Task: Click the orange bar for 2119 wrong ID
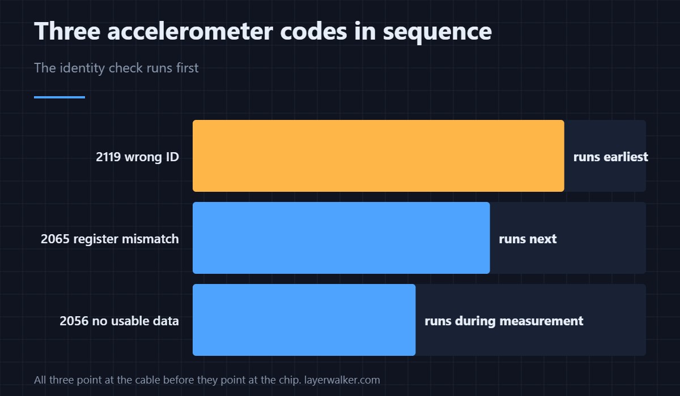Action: (x=379, y=156)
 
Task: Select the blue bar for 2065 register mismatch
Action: (x=341, y=238)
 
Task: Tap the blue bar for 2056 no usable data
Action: (x=304, y=320)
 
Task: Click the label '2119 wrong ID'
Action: (x=137, y=157)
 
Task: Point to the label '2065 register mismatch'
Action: (x=109, y=239)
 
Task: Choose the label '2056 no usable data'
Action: (x=120, y=321)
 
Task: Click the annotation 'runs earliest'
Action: (x=610, y=157)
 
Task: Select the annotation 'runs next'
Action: (x=528, y=239)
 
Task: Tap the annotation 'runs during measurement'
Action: (x=504, y=321)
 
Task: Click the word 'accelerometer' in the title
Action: (x=190, y=31)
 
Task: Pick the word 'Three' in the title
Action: (x=67, y=31)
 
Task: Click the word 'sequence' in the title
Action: (x=437, y=33)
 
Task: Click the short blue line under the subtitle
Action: (x=59, y=97)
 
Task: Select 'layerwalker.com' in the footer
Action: (x=342, y=380)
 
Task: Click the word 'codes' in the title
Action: (x=313, y=31)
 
